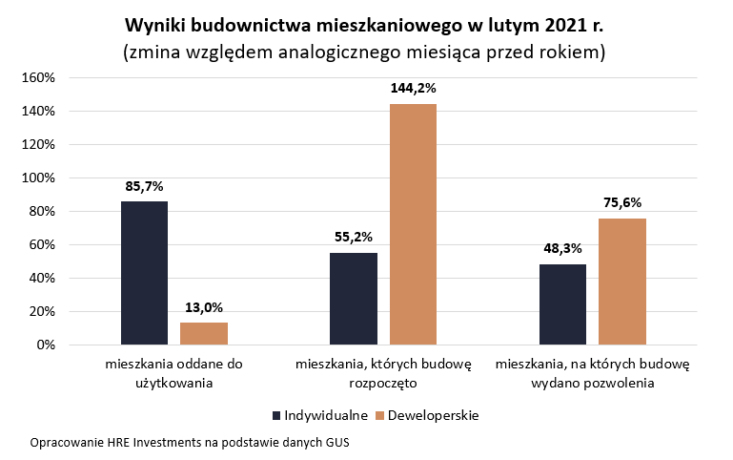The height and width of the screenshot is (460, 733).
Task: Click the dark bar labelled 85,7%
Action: [144, 273]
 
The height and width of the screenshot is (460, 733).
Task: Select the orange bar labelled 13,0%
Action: [204, 333]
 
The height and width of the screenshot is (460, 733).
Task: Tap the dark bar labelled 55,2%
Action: [354, 298]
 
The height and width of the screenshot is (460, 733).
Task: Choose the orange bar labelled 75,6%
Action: [622, 282]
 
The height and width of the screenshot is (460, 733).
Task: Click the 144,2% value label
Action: [413, 88]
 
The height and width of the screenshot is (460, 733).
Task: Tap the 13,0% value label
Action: [204, 307]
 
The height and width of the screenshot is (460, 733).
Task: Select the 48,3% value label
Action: [562, 248]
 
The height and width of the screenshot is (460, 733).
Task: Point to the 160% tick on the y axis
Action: [39, 77]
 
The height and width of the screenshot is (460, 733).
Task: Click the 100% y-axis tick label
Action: [39, 178]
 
